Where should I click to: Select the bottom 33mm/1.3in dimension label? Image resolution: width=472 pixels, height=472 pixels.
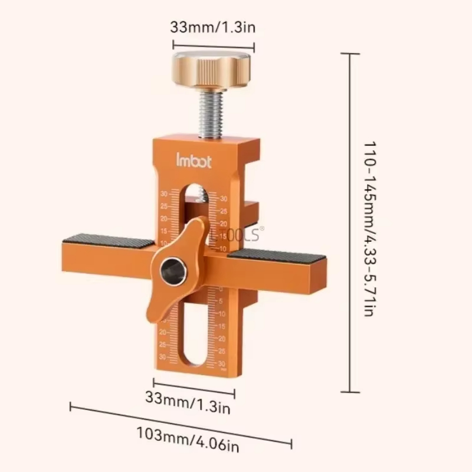(x=188, y=407)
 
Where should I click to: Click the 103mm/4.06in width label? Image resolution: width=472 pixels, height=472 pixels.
(x=188, y=447)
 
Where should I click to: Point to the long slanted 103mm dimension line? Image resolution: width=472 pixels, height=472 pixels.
(x=181, y=423)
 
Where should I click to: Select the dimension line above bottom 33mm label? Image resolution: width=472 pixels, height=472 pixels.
(x=194, y=388)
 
